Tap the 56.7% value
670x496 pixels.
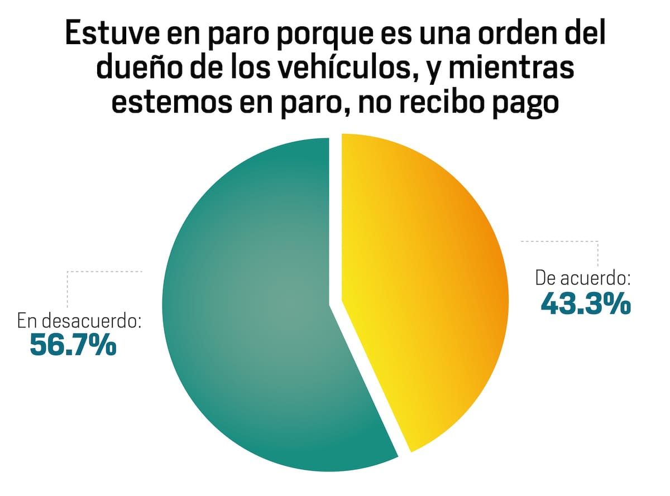[x=73, y=344]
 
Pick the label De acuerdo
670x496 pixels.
[x=583, y=277]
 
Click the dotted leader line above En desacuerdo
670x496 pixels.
[x=104, y=272]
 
